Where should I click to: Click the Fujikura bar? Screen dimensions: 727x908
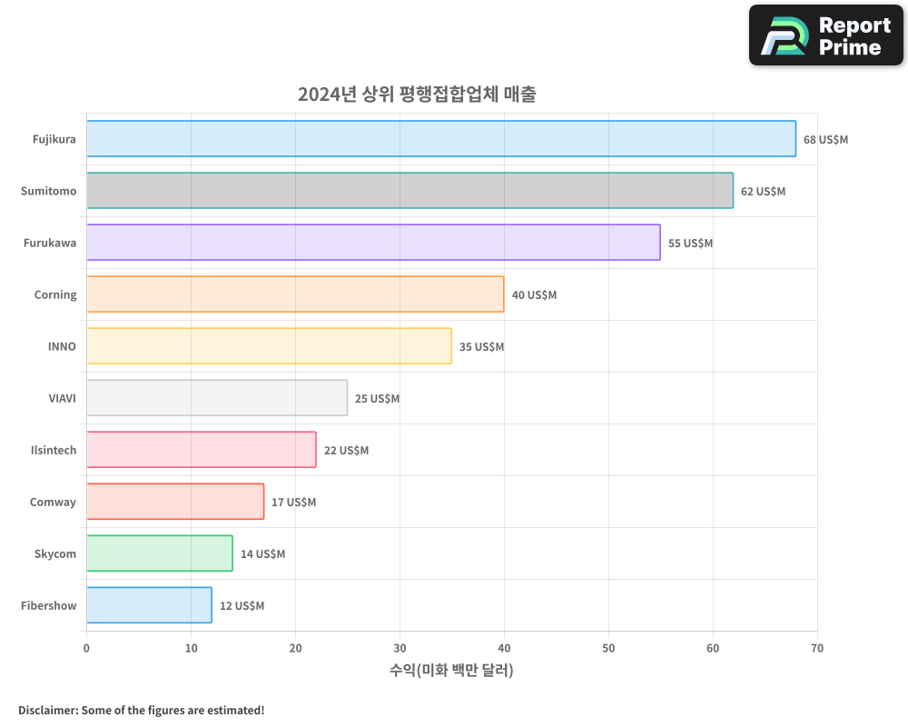pos(440,139)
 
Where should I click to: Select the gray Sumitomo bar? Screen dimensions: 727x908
pos(410,191)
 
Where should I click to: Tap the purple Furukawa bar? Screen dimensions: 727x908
pos(373,243)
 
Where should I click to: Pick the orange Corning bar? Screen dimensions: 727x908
pos(295,294)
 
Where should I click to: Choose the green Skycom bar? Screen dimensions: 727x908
pos(159,553)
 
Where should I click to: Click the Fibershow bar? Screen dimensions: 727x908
pos(149,605)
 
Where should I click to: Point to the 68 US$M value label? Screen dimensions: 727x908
pos(825,140)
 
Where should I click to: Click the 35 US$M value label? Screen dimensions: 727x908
pos(481,347)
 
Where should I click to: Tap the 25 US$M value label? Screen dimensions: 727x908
pos(377,399)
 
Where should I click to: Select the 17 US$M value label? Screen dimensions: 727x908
pos(293,503)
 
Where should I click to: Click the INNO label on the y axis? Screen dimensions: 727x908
pos(62,346)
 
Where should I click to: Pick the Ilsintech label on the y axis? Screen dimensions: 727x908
pos(54,450)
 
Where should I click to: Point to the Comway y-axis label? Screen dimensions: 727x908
pos(53,502)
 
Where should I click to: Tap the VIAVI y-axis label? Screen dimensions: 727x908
pos(62,398)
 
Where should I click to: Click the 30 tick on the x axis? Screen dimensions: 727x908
pos(400,648)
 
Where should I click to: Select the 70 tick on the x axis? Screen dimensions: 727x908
pos(817,648)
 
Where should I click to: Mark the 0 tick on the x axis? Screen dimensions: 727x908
pos(86,648)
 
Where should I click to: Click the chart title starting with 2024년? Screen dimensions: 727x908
pos(417,94)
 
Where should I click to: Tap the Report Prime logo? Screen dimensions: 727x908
pos(826,35)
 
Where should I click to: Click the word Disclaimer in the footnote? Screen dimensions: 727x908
pos(47,710)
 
